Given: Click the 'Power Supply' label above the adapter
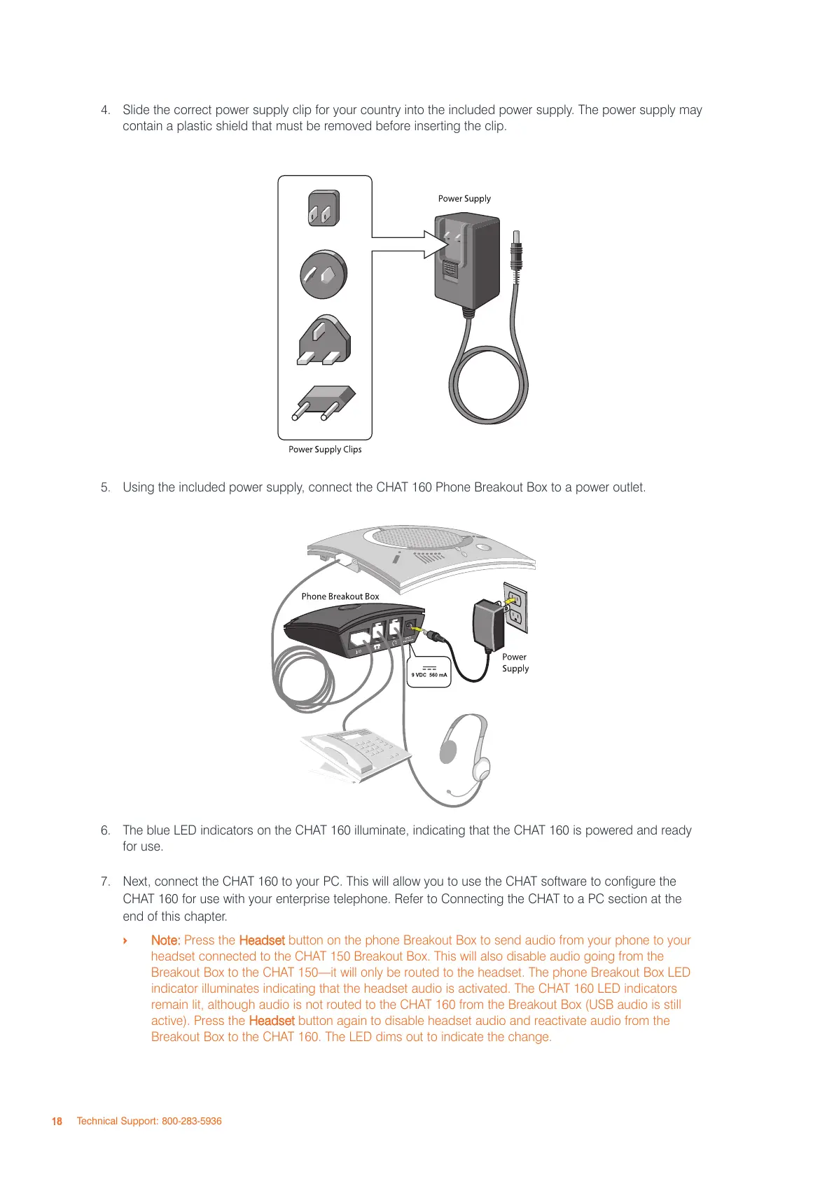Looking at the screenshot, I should coord(464,199).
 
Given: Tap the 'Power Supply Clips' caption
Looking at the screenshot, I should coord(325,449).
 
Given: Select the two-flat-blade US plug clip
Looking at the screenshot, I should coord(323,209).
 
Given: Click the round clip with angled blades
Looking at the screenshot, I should coord(324,274).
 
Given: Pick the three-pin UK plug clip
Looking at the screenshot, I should coord(324,341).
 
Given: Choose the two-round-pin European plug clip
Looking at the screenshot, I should coord(324,403).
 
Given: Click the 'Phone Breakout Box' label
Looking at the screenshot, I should coord(340,597).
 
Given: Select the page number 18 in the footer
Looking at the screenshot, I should coord(57,1121).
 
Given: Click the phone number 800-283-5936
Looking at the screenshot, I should coord(192,1121).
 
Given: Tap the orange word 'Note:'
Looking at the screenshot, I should coord(166,940).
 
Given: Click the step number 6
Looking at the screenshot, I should coord(105,830).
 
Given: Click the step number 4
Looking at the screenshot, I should coord(105,110).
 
